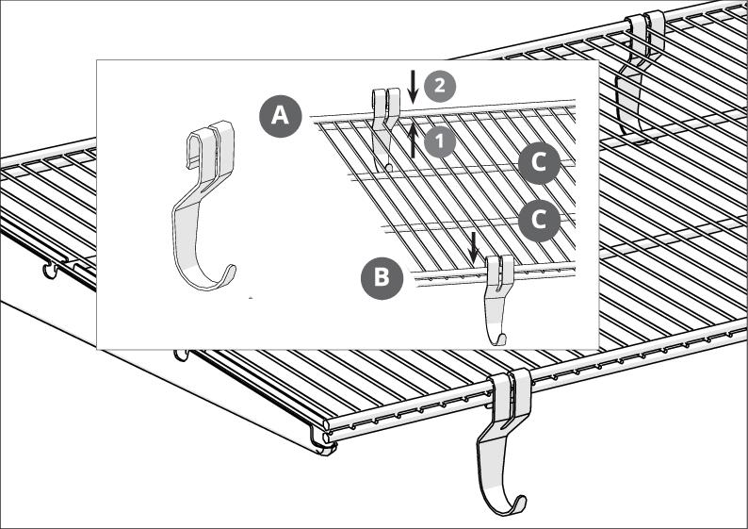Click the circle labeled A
pos(280,117)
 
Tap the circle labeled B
pos(382,278)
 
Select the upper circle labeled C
pos(539,163)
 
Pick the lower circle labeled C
pos(539,220)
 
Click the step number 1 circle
pos(439,141)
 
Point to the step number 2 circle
pos(439,86)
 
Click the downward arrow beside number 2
pos(414,87)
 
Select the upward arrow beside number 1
pos(414,139)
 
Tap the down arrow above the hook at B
pos(473,248)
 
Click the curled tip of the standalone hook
pos(231,272)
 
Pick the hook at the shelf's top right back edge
pos(640,76)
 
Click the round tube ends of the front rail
pos(326,431)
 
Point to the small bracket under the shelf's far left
pos(50,271)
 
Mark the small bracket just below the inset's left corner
pos(181,355)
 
